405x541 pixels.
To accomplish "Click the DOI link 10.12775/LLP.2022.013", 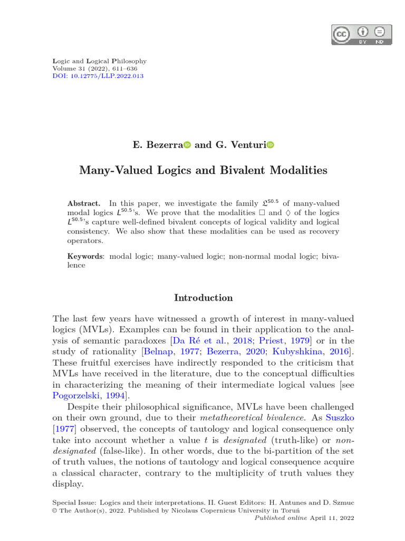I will [98, 76].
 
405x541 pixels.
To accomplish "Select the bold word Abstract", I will [84, 203].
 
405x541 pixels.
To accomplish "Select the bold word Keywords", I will [85, 256].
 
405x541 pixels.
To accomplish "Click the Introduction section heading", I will [203, 297].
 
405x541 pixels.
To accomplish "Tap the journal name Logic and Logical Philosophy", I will [100, 61].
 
